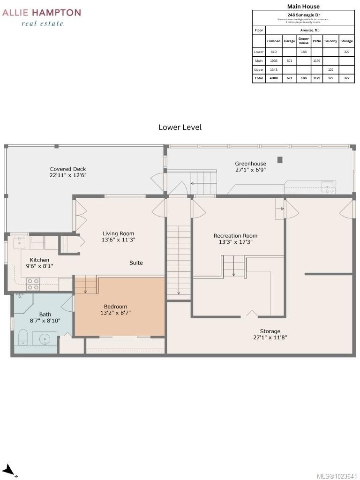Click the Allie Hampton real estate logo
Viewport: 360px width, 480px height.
42,17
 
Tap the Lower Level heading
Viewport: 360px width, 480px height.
180,127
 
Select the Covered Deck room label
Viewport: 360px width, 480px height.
68,169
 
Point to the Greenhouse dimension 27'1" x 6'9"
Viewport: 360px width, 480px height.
250,170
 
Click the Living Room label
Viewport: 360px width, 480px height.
118,233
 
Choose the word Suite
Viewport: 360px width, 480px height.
136,263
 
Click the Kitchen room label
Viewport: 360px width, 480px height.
39,260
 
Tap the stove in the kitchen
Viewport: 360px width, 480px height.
33,284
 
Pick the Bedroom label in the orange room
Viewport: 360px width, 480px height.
115,307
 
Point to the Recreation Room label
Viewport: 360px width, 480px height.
235,236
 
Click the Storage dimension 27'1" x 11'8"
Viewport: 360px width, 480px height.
270,337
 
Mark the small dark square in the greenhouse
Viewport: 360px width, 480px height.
280,160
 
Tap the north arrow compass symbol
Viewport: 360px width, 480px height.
8,470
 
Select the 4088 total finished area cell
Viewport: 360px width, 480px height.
273,78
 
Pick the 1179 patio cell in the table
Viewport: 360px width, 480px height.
316,60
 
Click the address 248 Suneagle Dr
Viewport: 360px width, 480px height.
303,15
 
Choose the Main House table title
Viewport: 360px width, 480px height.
303,7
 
